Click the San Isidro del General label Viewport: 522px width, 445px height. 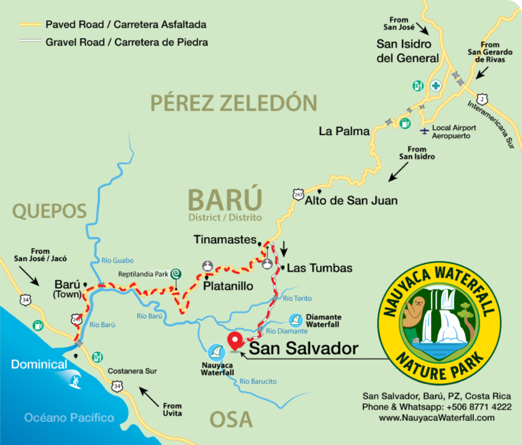tap(408, 51)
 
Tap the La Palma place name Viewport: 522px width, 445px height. tap(344, 131)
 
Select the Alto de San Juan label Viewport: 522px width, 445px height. tap(351, 200)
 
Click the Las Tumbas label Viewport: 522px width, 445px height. tap(319, 268)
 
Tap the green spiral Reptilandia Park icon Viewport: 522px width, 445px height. tap(175, 273)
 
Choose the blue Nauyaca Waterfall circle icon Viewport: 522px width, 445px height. tap(216, 352)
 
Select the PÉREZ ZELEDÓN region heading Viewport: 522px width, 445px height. tap(234, 103)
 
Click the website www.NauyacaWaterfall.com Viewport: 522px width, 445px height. tap(437, 417)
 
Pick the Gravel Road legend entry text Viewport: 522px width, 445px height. tap(126, 42)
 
